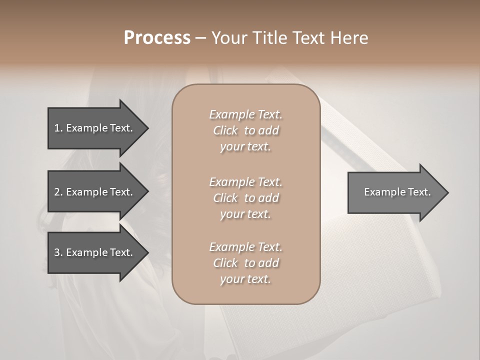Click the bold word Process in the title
157,38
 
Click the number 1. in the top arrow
58,128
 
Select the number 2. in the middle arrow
58,192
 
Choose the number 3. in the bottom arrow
58,252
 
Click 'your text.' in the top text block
245,147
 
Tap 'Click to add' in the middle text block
245,198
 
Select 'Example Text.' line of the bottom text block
245,247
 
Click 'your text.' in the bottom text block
245,279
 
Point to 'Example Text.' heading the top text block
245,114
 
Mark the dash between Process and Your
200,38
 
